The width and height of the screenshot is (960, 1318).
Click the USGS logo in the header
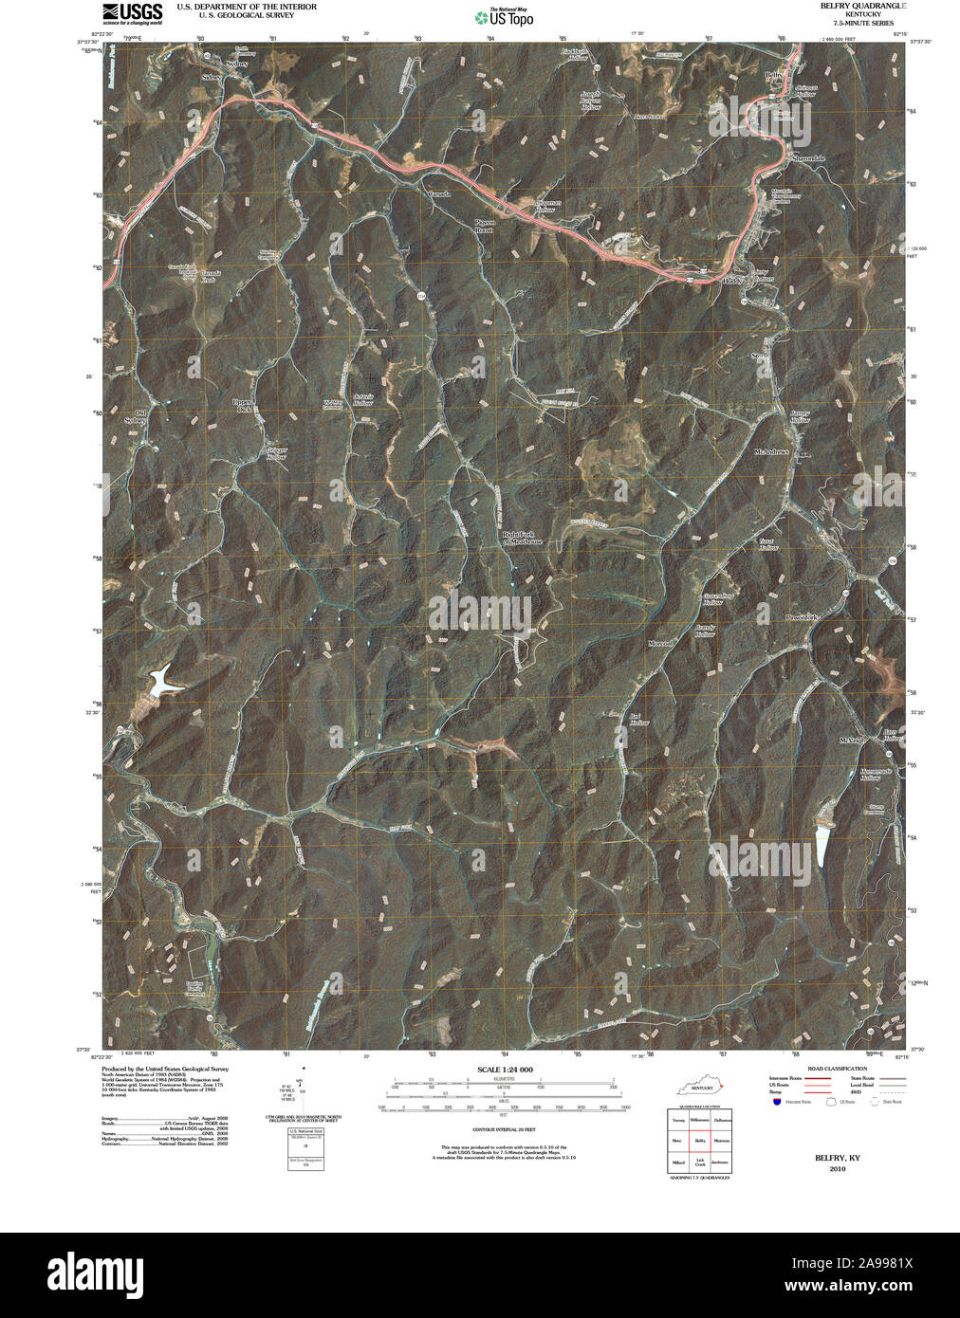pos(132,12)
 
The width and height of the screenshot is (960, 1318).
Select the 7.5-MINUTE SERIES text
pos(862,23)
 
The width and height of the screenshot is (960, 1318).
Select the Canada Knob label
pos(208,276)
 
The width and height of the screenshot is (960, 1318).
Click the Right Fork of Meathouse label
pos(519,538)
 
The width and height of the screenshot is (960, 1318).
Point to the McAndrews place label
pos(771,452)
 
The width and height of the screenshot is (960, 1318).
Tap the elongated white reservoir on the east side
pos(820,843)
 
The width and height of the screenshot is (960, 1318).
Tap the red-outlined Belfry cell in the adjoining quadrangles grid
pos(701,1140)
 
